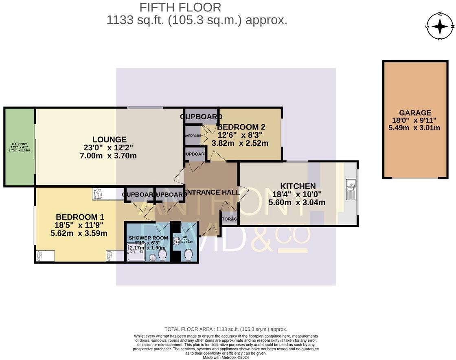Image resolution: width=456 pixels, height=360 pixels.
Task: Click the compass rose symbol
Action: pos(440,26)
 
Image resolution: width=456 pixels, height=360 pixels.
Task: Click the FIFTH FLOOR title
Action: pos(180,7)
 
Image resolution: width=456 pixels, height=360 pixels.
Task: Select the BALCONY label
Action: pos(19,144)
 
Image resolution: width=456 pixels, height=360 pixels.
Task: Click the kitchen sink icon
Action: pos(351,189)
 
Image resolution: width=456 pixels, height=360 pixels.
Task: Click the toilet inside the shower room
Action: pos(162,255)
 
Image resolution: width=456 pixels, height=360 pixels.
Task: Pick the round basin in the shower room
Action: pos(152,257)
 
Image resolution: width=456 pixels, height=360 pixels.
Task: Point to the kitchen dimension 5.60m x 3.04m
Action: pos(297,202)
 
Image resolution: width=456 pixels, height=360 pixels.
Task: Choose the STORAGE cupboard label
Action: pos(230,219)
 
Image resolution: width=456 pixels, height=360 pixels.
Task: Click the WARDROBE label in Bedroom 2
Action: pos(192,136)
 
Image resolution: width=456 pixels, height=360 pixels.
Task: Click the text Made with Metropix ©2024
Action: pos(226,358)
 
